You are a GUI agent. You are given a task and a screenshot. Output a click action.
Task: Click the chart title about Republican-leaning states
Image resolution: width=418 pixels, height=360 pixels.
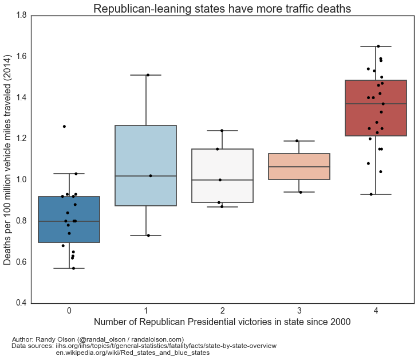222,9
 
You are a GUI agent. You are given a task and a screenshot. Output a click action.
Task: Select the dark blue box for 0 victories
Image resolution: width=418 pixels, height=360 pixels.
69,220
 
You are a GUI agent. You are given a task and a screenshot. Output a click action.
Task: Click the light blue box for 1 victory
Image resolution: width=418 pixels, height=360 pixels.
145,166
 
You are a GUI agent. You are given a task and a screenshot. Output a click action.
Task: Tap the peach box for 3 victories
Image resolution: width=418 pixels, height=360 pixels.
299,166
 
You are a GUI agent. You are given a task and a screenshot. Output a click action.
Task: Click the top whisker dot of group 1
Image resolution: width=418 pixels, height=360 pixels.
148,75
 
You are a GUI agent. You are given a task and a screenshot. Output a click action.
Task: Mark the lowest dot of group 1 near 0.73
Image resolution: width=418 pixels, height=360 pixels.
148,236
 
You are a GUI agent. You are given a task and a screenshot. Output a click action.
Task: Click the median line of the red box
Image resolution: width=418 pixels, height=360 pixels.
376,104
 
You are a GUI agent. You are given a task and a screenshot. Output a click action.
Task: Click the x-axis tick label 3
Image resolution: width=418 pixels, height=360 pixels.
299,311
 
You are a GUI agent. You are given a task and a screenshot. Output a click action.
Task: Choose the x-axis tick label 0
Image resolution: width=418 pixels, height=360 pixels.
69,311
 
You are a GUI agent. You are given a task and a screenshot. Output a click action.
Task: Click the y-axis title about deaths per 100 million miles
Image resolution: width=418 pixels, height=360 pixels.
7,159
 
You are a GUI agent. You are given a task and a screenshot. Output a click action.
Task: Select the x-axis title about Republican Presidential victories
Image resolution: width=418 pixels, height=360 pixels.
222,322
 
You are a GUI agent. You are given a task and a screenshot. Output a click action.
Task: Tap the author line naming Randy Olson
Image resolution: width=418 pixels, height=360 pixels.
97,339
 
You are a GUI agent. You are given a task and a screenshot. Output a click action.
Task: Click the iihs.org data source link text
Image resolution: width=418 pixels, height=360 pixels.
166,346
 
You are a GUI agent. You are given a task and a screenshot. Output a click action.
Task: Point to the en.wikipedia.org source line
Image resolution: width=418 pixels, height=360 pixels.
132,353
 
